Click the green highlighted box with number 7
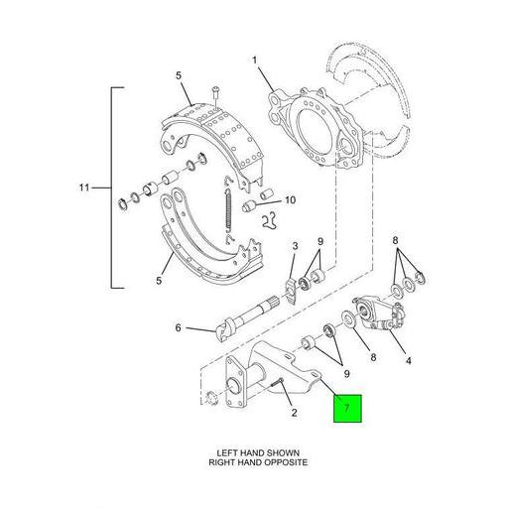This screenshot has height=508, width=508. click(346, 408)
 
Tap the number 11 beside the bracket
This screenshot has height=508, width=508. click(83, 187)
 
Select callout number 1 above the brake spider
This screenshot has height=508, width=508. click(254, 62)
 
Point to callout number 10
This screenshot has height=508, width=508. click(290, 199)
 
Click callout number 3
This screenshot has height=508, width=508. click(294, 246)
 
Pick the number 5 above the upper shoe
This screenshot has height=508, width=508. click(179, 75)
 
